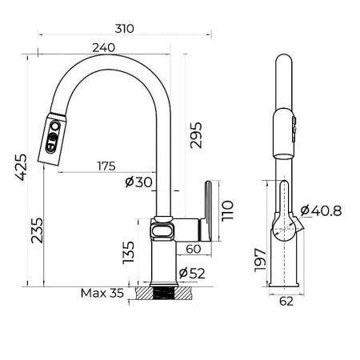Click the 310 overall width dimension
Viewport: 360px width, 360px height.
point(123,28)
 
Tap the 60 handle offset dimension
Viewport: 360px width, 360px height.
point(192,250)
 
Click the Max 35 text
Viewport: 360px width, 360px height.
point(102,293)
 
